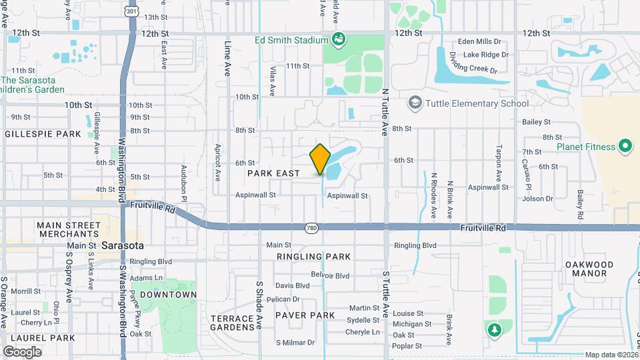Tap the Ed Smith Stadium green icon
[339, 40]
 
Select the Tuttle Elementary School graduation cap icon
[415, 103]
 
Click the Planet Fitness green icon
[625, 146]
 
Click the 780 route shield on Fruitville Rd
[311, 229]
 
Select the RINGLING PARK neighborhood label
[313, 257]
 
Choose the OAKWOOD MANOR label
[589, 269]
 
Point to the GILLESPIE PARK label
[43, 134]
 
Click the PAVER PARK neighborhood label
[305, 315]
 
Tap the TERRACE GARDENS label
[233, 323]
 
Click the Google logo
[22, 351]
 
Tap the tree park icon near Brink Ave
[493, 329]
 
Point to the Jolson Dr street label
[539, 199]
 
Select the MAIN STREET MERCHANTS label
[69, 230]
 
